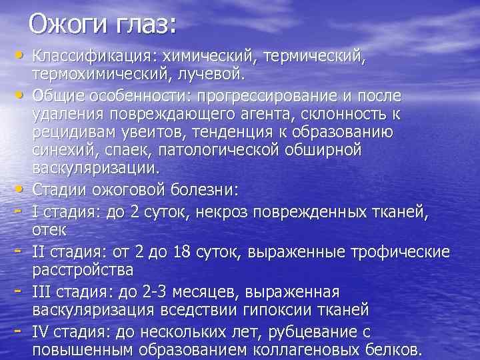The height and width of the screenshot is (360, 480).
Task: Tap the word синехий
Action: pyautogui.click(x=65, y=150)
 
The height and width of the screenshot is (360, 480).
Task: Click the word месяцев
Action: pyautogui.click(x=200, y=292)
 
